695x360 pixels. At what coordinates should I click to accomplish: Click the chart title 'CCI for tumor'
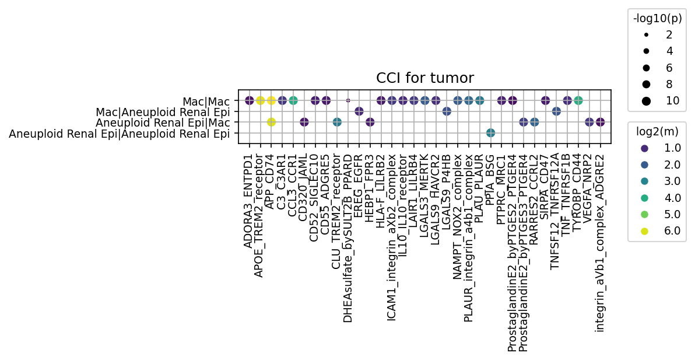425,78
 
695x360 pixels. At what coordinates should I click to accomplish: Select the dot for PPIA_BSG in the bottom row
490,132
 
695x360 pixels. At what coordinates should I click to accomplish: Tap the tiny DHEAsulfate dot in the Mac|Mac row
348,100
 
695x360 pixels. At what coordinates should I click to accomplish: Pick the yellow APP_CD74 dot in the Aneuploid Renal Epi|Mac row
271,122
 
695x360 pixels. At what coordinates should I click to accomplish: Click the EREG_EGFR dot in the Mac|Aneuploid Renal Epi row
359,111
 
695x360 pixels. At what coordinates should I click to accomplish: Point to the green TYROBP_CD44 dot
578,100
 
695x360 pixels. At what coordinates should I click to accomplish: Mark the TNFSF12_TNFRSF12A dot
556,111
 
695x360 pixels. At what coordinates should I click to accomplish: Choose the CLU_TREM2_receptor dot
337,122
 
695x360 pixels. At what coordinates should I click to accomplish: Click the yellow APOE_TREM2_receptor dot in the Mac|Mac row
260,100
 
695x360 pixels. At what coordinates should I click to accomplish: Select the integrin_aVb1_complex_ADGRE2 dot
600,122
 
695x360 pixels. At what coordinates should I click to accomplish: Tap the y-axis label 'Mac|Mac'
206,102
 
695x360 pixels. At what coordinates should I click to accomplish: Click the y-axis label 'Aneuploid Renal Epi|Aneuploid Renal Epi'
119,134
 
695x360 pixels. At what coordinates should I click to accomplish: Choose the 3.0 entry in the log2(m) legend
661,181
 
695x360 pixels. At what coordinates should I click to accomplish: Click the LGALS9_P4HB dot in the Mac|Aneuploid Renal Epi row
447,111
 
